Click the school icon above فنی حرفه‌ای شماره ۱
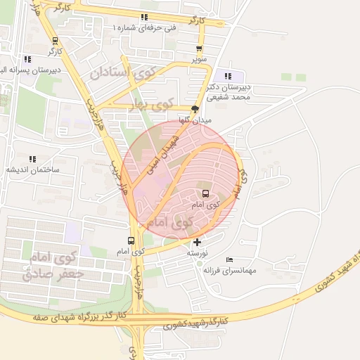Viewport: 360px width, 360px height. pos(144,17)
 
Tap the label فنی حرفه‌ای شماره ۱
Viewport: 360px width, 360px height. pos(144,27)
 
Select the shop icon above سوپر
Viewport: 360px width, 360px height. pos(200,49)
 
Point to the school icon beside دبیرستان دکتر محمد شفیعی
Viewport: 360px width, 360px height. pos(227,76)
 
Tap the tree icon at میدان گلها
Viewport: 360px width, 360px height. pos(195,108)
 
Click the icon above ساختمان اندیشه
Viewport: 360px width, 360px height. pos(32,160)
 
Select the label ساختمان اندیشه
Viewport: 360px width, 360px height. pos(34,170)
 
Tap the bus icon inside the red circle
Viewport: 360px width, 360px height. pos(205,193)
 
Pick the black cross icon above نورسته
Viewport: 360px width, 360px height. pos(197,243)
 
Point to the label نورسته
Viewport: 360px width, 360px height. pos(196,252)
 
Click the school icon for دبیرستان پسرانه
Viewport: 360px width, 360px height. pos(27,60)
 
